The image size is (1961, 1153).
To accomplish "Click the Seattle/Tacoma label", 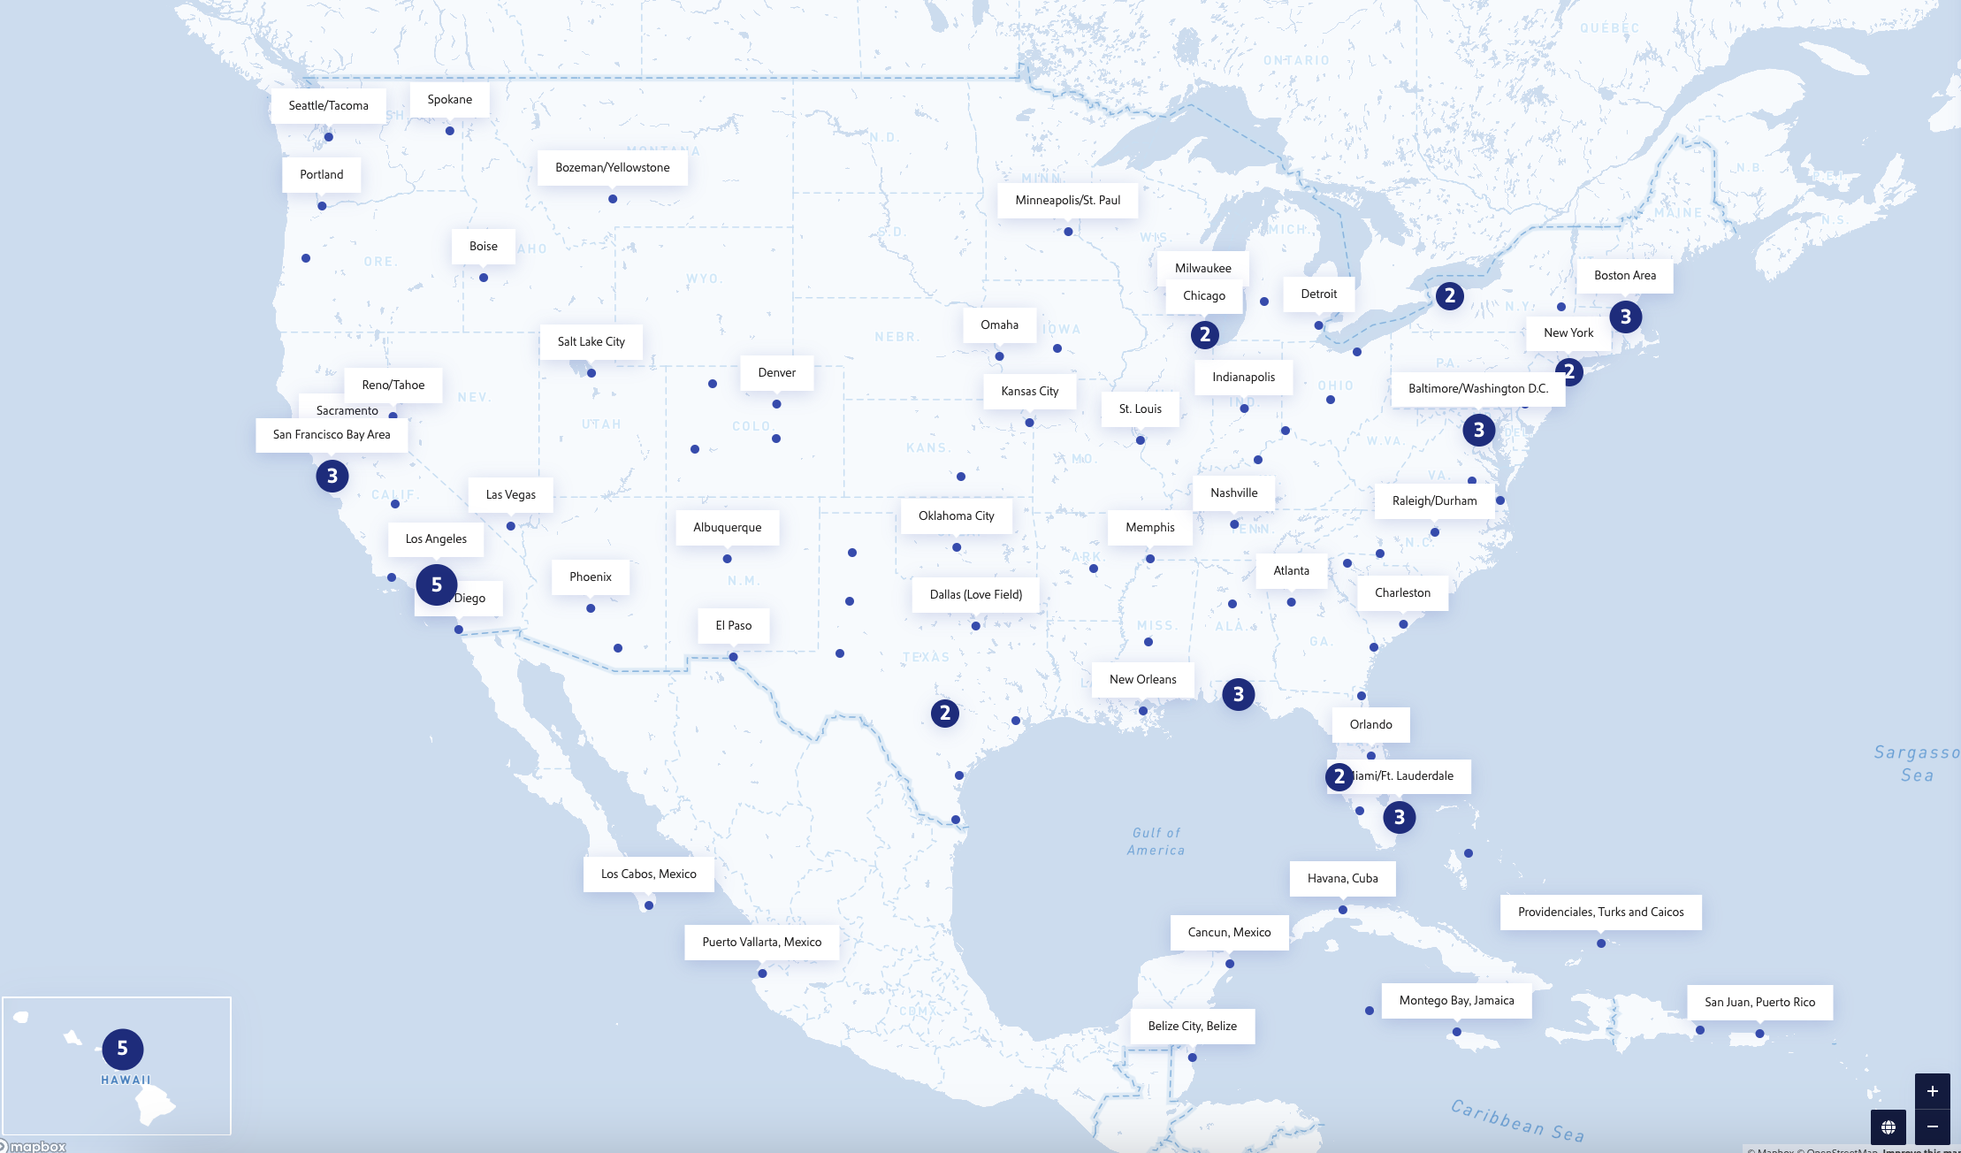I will click(328, 105).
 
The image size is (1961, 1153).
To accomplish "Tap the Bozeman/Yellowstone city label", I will click(612, 167).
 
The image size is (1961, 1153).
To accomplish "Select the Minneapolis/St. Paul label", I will click(1067, 200).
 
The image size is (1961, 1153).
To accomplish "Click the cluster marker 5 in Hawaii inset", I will click(123, 1049).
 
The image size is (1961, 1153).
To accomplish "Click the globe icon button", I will click(1889, 1126).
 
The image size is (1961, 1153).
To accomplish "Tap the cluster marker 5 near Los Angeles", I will click(437, 584).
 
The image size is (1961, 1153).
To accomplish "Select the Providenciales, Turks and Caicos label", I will click(1600, 912).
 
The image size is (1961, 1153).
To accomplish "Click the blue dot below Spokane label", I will click(450, 131).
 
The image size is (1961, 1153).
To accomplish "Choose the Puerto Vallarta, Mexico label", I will click(761, 942).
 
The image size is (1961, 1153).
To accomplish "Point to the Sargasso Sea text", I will click(1916, 763).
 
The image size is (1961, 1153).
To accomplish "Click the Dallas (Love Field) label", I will click(975, 594).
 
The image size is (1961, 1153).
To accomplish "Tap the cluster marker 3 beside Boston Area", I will click(1625, 317).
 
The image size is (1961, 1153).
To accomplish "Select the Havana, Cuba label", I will click(1342, 878).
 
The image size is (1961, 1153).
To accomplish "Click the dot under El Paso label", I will click(733, 657).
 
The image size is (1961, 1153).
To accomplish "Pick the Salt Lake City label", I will click(591, 341).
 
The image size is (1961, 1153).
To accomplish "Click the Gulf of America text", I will click(1156, 841).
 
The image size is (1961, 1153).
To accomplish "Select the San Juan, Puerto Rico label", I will click(1759, 1002).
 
